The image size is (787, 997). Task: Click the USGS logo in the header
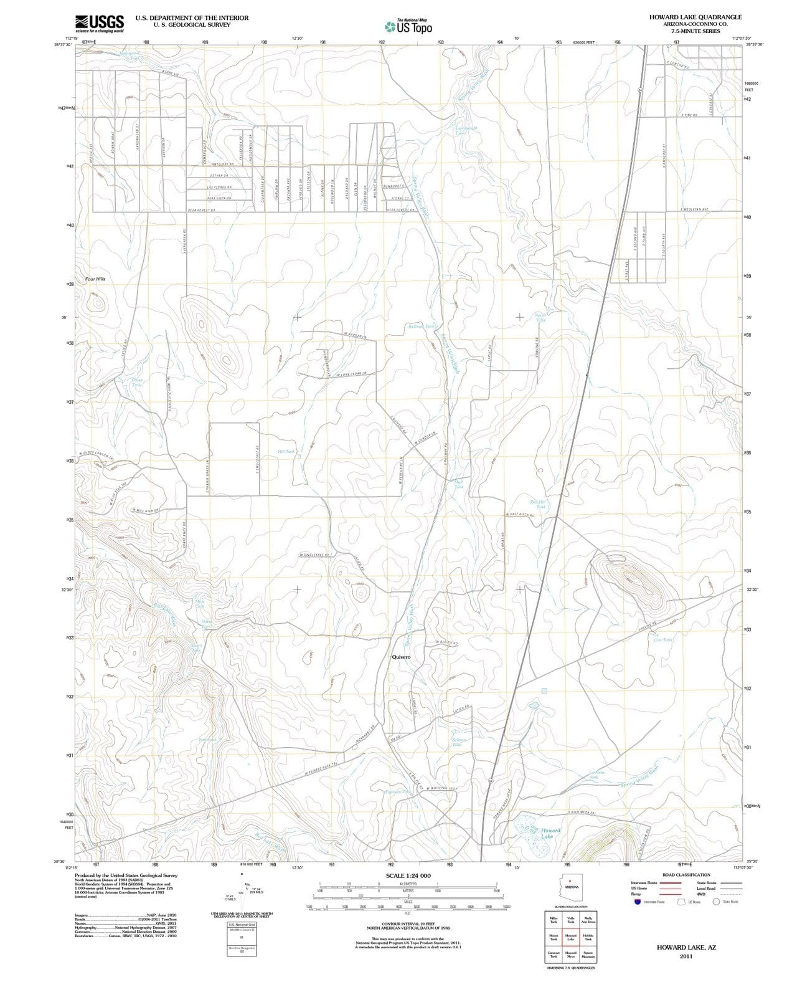tap(100, 23)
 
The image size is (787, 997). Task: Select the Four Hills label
tap(95, 279)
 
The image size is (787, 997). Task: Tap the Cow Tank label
tap(662, 640)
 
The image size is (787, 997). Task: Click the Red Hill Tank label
tap(539, 504)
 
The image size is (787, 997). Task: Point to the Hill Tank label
tap(286, 451)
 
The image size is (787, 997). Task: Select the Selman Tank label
tap(458, 742)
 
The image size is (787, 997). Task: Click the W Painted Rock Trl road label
tap(321, 768)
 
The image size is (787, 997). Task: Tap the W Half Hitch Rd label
tap(521, 515)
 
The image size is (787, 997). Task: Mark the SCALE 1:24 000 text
tap(408, 875)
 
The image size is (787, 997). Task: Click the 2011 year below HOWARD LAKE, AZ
tap(686, 956)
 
